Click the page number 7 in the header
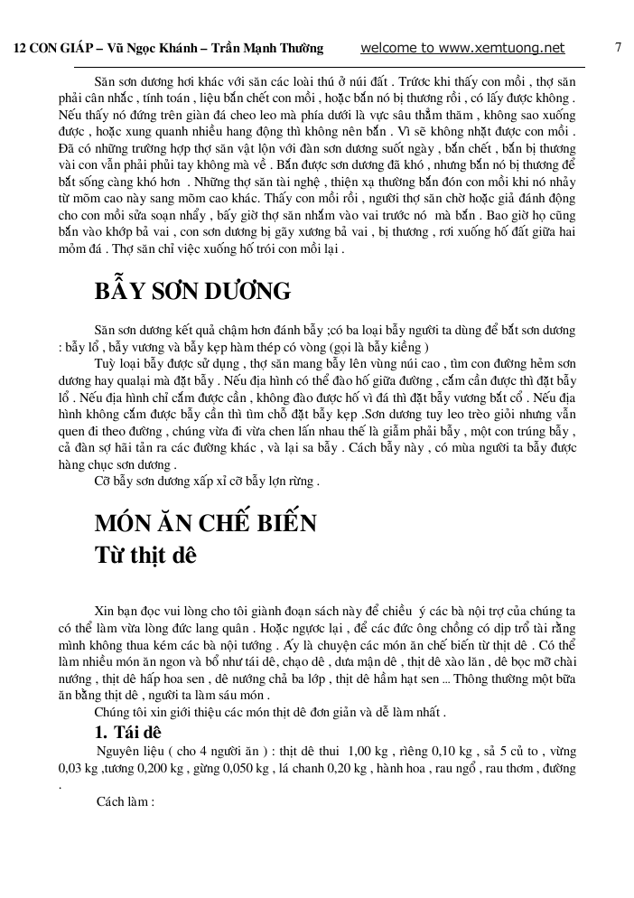click(x=618, y=48)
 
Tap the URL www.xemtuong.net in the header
click(x=507, y=48)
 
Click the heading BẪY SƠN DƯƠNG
click(x=192, y=292)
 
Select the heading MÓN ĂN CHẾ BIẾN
click(x=206, y=523)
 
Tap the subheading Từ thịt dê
click(x=145, y=554)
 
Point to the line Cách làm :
click(x=126, y=800)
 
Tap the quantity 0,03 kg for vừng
click(x=79, y=768)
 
